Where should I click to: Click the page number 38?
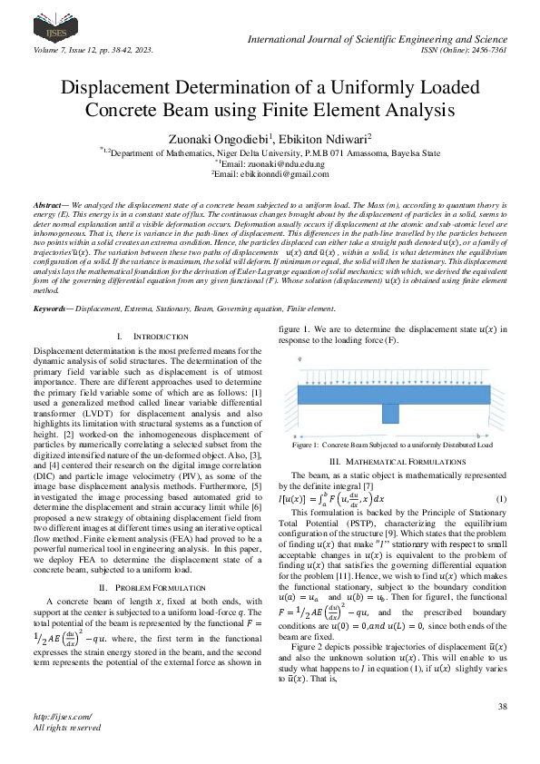click(501, 705)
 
